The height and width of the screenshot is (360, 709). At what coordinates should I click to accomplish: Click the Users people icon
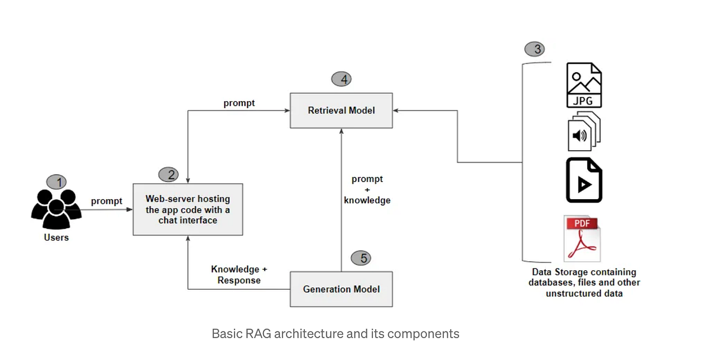56,209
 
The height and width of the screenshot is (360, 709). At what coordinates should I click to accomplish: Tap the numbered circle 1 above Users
57,182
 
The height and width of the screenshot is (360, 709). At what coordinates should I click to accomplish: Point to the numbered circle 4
342,79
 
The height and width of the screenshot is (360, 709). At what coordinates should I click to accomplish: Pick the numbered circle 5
361,258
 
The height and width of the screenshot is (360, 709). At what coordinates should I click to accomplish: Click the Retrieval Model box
341,110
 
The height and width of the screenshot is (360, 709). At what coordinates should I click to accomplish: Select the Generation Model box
341,289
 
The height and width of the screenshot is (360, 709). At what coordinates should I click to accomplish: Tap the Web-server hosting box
188,209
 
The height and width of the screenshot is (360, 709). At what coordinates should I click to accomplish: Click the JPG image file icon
584,85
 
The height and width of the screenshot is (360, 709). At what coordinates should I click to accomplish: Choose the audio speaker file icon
583,132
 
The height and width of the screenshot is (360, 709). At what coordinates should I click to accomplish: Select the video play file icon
584,180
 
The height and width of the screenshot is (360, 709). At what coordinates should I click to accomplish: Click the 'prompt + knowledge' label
367,190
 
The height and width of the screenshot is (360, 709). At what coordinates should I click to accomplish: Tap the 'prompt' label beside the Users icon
106,201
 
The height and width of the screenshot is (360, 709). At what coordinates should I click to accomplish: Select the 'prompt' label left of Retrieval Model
239,103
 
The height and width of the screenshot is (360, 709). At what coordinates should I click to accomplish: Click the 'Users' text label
56,238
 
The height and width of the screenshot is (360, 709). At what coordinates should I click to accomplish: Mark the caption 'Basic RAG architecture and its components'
335,333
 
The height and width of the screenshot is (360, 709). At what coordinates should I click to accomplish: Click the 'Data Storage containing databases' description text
584,282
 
